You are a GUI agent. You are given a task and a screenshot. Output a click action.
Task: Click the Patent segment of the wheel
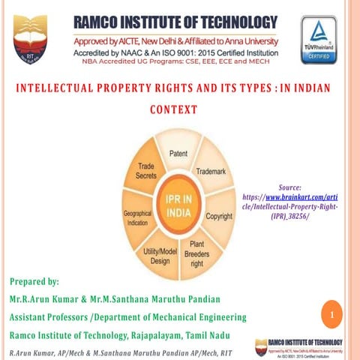tap(178, 154)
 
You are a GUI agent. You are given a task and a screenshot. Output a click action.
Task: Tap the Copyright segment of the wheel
tap(219, 217)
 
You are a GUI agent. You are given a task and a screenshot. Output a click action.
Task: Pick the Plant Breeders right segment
tap(196, 253)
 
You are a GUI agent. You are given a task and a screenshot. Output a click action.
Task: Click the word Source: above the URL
tap(289, 186)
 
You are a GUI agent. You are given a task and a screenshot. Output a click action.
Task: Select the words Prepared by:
tap(34, 282)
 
